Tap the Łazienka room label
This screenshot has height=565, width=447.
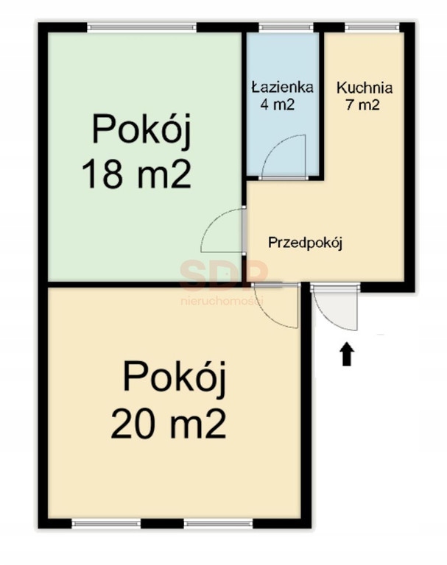click(283, 88)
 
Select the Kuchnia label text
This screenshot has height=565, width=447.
click(365, 88)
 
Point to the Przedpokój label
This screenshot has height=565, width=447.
click(305, 243)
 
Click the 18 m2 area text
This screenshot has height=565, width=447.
click(137, 175)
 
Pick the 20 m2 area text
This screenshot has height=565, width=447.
click(169, 424)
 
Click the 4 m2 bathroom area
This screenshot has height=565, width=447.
click(278, 104)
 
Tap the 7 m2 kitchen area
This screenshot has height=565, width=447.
click(363, 105)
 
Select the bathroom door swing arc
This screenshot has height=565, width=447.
click(274, 147)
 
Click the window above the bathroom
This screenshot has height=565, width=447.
click(286, 27)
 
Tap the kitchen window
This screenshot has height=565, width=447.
click(373, 27)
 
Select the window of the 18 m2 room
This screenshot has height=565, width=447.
click(142, 27)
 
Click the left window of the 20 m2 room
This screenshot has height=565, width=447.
click(106, 524)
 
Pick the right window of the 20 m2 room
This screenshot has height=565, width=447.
click(218, 524)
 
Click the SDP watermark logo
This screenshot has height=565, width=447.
click(224, 275)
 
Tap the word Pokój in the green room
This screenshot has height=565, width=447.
click(141, 129)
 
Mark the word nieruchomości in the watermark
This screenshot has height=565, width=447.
click(222, 300)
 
